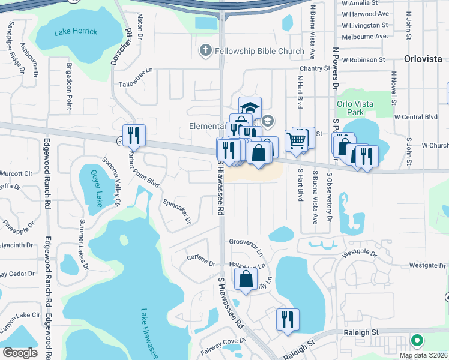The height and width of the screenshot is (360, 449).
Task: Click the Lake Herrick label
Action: click(x=75, y=31)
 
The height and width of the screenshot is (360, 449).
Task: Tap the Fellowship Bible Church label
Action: click(x=260, y=51)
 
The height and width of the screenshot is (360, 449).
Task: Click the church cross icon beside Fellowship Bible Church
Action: click(x=205, y=51)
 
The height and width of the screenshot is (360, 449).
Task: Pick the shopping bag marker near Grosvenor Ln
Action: click(x=246, y=279)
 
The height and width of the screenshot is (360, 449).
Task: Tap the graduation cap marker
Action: click(x=250, y=108)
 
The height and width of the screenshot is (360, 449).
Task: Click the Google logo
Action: click(x=20, y=353)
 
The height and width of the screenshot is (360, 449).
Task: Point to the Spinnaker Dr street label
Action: click(x=175, y=209)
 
